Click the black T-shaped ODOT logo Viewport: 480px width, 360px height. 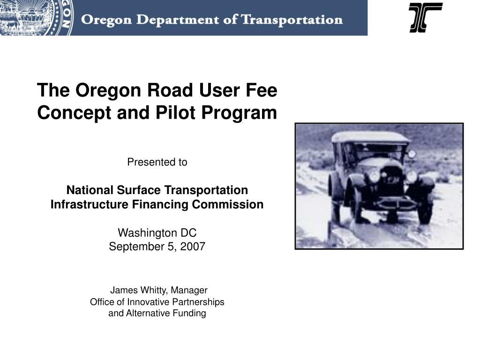coord(425,17)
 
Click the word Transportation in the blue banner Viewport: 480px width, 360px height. coord(292,20)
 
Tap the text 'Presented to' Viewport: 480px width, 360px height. coord(157,162)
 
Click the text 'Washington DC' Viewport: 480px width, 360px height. coord(157,233)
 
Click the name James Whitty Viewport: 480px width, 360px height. coord(139,290)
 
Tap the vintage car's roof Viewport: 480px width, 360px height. coord(370,137)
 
